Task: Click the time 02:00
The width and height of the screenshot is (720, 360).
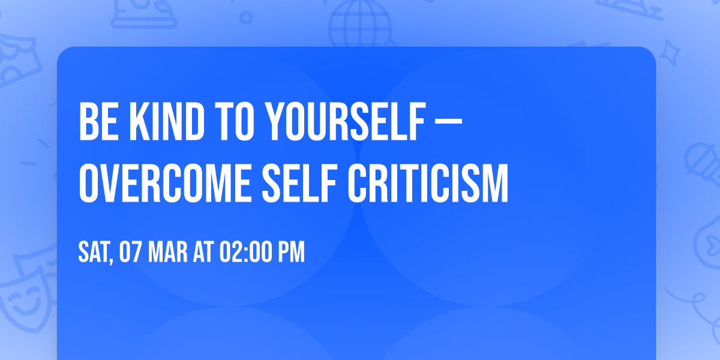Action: point(246,253)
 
